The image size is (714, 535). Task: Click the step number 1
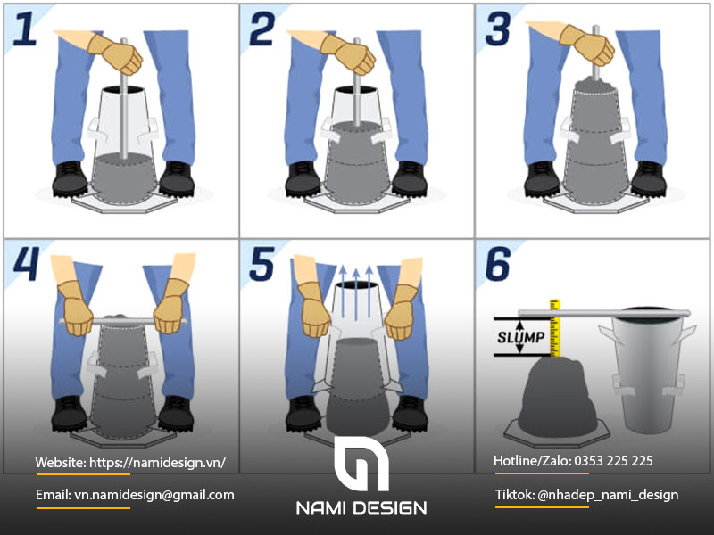pos(25,29)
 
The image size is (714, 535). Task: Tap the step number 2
pos(262,29)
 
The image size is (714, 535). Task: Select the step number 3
pos(498,29)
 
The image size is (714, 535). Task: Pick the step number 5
pos(262,263)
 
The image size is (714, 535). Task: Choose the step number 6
pos(499,263)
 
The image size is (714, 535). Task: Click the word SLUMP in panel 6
pos(520,337)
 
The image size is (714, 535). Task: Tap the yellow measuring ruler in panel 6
pos(554,327)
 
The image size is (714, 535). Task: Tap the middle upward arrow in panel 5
pos(356,294)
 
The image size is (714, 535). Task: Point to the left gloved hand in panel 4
pos(76,309)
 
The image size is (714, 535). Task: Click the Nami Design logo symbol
pos(361,464)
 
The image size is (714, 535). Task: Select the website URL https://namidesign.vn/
pos(157,463)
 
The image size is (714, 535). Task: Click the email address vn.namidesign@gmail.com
pos(154,495)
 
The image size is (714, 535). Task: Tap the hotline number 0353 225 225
pos(613,461)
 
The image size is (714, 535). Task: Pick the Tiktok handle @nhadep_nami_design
pos(608,495)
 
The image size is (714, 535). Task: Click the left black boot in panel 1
pos(70,179)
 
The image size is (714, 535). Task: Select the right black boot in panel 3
pos(649,179)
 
